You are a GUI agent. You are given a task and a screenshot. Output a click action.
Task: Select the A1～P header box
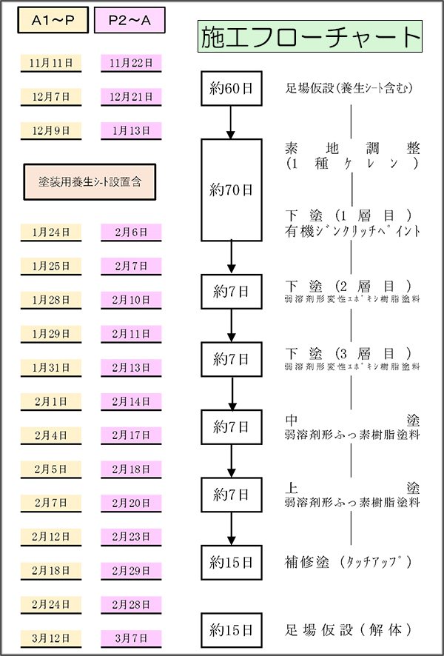pyautogui.click(x=52, y=22)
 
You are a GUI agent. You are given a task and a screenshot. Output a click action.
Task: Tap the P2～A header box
pyautogui.click(x=129, y=22)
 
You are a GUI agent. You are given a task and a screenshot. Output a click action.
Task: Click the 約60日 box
pyautogui.click(x=232, y=89)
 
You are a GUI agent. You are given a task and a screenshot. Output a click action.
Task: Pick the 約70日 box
pyautogui.click(x=232, y=190)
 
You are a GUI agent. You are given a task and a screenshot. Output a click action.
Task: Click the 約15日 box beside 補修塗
pyautogui.click(x=232, y=562)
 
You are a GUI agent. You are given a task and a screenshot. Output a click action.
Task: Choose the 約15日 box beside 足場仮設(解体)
pyautogui.click(x=232, y=630)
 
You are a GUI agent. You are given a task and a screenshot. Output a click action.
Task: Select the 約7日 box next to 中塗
pyautogui.click(x=232, y=426)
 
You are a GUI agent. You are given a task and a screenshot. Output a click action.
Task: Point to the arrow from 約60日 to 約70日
pyautogui.click(x=232, y=122)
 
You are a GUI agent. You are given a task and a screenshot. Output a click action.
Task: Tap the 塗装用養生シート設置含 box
pyautogui.click(x=90, y=181)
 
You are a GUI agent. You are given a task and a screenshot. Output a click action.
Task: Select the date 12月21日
pyautogui.click(x=130, y=97)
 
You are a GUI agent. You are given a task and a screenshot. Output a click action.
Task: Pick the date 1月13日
pyautogui.click(x=130, y=130)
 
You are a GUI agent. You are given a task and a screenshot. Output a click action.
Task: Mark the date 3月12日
pyautogui.click(x=51, y=638)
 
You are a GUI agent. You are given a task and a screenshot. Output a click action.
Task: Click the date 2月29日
pyautogui.click(x=130, y=571)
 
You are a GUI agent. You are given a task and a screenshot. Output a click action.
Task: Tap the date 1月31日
pyautogui.click(x=51, y=368)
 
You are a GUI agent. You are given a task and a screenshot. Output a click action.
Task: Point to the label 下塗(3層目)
pyautogui.click(x=352, y=352)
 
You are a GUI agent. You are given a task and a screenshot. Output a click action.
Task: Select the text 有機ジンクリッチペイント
pyautogui.click(x=352, y=231)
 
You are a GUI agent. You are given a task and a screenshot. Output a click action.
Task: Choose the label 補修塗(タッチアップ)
pyautogui.click(x=347, y=561)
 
